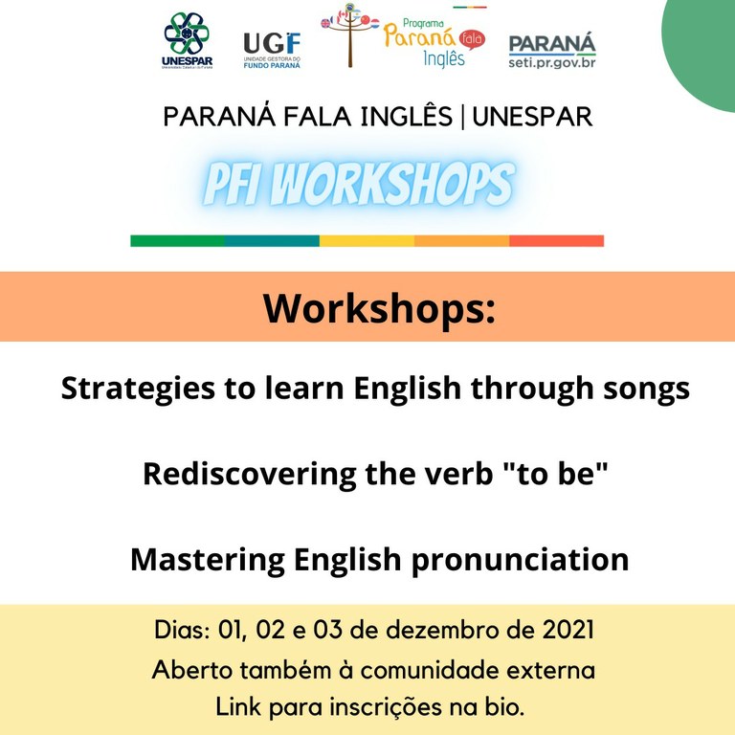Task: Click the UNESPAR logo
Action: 187,41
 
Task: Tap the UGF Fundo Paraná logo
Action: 272,50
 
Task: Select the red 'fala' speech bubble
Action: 472,40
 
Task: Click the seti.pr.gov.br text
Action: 552,62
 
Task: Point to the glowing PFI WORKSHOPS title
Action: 359,184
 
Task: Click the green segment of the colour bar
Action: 178,241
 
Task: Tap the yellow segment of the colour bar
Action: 367,241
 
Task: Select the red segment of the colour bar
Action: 556,241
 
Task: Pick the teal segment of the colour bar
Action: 273,241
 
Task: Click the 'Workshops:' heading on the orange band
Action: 379,308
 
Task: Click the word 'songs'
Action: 646,390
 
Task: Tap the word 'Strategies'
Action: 138,390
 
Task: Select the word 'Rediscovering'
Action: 250,475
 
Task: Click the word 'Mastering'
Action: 208,560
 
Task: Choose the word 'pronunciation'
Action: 521,560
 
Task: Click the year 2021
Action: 568,630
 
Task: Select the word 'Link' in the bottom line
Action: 238,707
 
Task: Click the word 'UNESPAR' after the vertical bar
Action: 532,117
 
